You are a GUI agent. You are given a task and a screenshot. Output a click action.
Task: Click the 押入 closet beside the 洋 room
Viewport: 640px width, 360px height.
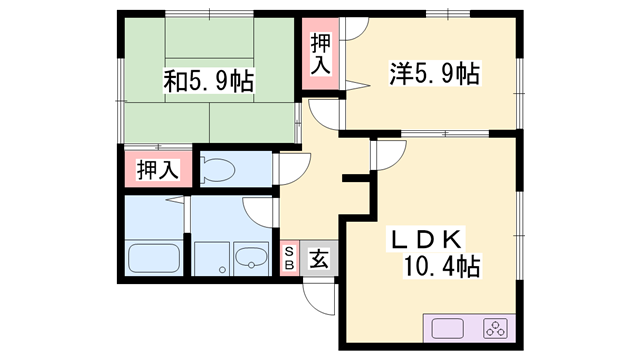320,55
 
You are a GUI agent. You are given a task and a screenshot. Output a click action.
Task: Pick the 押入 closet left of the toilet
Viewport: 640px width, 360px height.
158,169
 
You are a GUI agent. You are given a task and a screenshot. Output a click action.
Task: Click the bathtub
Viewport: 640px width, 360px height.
154,258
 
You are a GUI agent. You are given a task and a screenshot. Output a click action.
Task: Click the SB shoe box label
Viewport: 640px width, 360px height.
290,258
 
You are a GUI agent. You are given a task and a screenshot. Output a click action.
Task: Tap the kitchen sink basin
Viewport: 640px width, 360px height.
445,327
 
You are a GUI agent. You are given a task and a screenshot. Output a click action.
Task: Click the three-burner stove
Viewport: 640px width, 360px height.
495,327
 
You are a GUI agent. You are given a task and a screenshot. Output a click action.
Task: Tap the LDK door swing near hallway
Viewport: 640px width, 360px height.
385,155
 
